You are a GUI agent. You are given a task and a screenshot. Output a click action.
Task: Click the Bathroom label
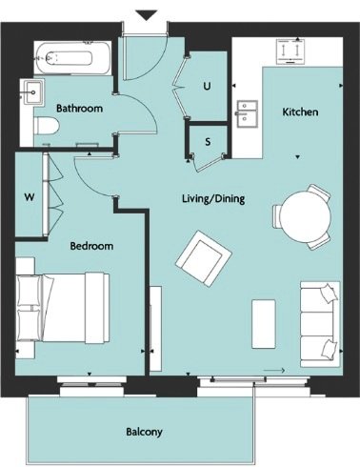click(79, 109)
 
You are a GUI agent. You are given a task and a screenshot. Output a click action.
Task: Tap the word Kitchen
click(300, 112)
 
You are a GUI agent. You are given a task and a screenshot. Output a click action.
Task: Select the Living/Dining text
click(213, 199)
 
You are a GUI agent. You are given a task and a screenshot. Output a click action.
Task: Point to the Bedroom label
click(91, 246)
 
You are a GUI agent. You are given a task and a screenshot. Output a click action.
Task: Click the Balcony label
click(144, 432)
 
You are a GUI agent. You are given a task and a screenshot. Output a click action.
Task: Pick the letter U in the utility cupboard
click(207, 86)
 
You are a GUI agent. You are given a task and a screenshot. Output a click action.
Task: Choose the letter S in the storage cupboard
click(208, 142)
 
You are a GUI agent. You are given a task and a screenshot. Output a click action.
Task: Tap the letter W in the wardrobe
click(30, 197)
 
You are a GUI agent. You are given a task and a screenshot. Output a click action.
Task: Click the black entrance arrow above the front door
click(146, 15)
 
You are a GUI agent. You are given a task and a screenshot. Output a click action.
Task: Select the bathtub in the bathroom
click(73, 58)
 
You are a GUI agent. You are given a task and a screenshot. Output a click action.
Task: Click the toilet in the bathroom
click(47, 126)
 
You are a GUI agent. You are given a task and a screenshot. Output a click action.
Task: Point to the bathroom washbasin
click(32, 92)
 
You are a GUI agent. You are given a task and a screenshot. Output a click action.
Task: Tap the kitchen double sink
click(248, 113)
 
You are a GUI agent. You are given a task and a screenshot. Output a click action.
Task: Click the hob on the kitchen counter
click(290, 51)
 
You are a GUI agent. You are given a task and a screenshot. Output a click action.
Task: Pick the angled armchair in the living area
click(204, 258)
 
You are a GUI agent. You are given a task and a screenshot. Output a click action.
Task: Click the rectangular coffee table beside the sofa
click(264, 324)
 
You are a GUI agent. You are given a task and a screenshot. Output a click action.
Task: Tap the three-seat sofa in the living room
click(320, 324)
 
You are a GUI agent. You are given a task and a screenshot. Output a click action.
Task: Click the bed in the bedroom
click(63, 308)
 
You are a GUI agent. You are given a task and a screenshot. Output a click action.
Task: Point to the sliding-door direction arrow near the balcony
click(274, 370)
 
